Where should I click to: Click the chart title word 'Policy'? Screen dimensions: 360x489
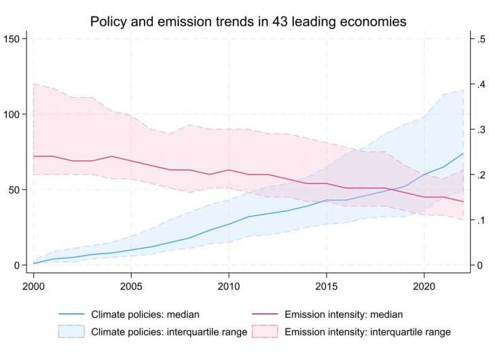[x=108, y=22]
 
